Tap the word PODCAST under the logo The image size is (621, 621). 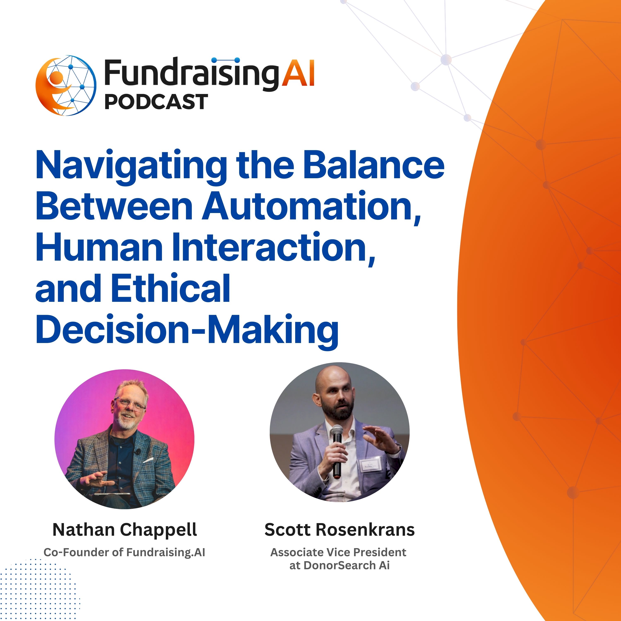(156, 102)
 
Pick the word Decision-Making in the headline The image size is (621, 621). (187, 330)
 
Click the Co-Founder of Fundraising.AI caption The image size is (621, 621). (124, 552)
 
